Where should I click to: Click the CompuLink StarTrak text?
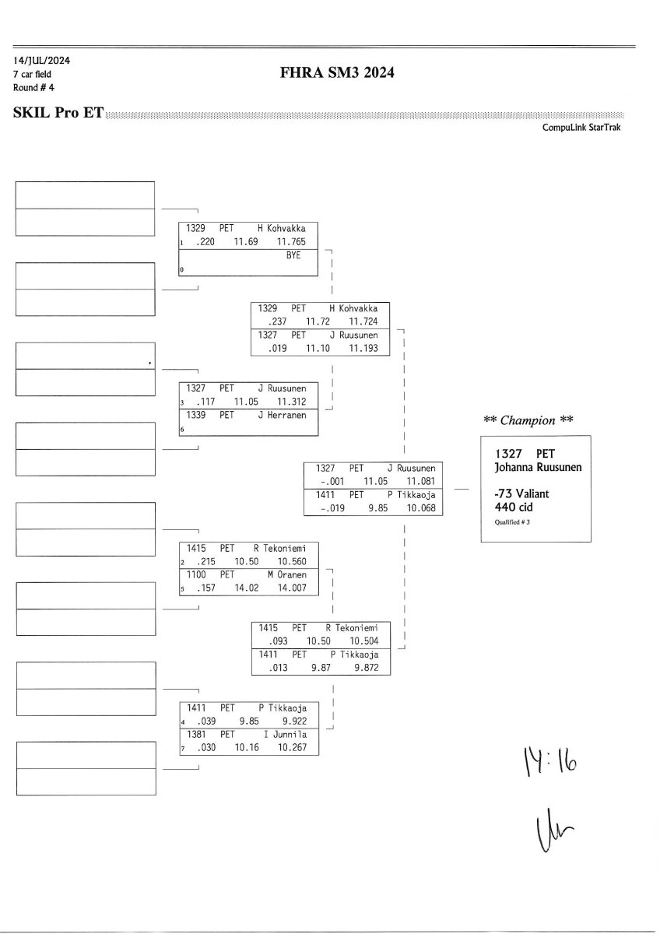pyautogui.click(x=581, y=128)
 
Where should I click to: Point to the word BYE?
pyautogui.click(x=293, y=255)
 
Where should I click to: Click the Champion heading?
pyautogui.click(x=528, y=420)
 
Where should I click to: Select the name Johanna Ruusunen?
pyautogui.click(x=538, y=467)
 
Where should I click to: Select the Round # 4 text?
pyautogui.click(x=33, y=87)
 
